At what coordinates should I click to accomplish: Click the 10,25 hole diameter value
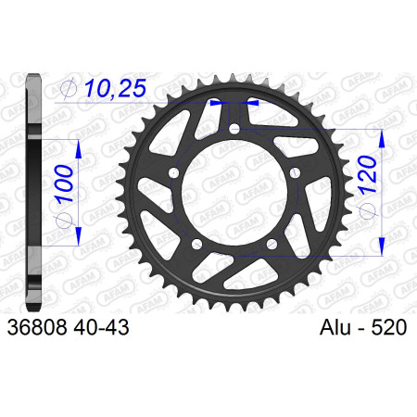[115, 89]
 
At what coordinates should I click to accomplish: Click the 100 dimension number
[64, 183]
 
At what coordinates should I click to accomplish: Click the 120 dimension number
[367, 175]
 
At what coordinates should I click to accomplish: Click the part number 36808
[37, 327]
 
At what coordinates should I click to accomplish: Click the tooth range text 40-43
[101, 327]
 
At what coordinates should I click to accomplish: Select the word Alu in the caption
[335, 327]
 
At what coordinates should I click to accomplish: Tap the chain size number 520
[389, 327]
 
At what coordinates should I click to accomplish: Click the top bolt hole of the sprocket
[234, 129]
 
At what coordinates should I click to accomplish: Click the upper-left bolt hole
[174, 173]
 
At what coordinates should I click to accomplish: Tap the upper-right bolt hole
[295, 173]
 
